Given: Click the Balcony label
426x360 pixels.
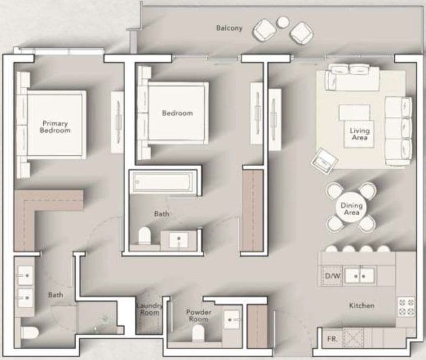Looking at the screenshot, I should [x=229, y=28].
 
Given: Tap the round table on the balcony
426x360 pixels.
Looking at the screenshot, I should [x=283, y=22].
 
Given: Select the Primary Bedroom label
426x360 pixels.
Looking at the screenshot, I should [x=55, y=127].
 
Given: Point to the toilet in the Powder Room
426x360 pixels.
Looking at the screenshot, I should [x=197, y=333].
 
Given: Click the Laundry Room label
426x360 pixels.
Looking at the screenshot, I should [x=149, y=309].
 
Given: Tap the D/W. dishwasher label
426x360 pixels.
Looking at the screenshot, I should [x=332, y=275].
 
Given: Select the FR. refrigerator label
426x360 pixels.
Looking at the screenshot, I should [x=332, y=338].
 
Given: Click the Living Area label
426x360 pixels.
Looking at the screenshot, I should [x=359, y=134].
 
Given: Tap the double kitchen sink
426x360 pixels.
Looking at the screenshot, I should [x=360, y=275].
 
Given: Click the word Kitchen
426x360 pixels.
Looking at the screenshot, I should [x=361, y=306].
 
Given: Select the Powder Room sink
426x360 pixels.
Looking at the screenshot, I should [x=232, y=320].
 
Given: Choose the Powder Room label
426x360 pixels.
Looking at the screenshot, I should [x=198, y=315].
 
